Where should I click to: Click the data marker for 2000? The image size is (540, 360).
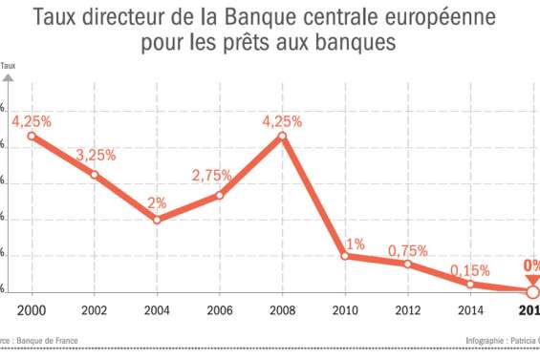(32, 136)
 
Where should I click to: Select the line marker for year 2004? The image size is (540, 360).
(157, 220)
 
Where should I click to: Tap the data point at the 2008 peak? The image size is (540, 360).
(283, 137)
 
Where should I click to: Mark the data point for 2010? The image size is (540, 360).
(345, 256)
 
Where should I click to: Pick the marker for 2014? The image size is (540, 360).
(470, 284)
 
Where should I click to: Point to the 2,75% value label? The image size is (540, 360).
(211, 176)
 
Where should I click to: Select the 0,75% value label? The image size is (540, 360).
(408, 251)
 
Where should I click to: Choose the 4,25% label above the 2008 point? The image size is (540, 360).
(283, 121)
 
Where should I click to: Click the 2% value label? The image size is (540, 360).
(158, 202)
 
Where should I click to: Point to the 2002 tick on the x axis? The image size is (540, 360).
(95, 310)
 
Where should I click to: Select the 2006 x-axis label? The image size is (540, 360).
(220, 310)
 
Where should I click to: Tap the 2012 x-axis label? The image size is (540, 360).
(408, 310)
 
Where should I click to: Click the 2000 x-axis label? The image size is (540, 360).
(32, 310)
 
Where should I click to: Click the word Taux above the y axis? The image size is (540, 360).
(9, 66)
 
